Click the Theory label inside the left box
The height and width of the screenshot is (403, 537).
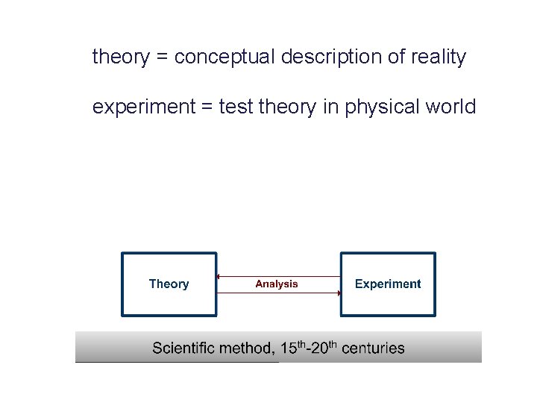pos(169,284)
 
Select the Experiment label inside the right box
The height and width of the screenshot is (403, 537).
pos(388,284)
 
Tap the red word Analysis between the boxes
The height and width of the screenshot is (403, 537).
pos(277,284)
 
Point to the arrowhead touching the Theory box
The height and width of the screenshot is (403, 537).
pos(218,277)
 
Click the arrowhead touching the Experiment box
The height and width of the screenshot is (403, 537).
pos(339,293)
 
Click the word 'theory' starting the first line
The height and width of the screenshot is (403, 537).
pos(121,57)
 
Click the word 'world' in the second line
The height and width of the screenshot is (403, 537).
pos(450,107)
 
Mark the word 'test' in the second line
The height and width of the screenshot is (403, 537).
pos(236,107)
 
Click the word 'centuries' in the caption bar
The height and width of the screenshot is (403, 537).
pos(373,349)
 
